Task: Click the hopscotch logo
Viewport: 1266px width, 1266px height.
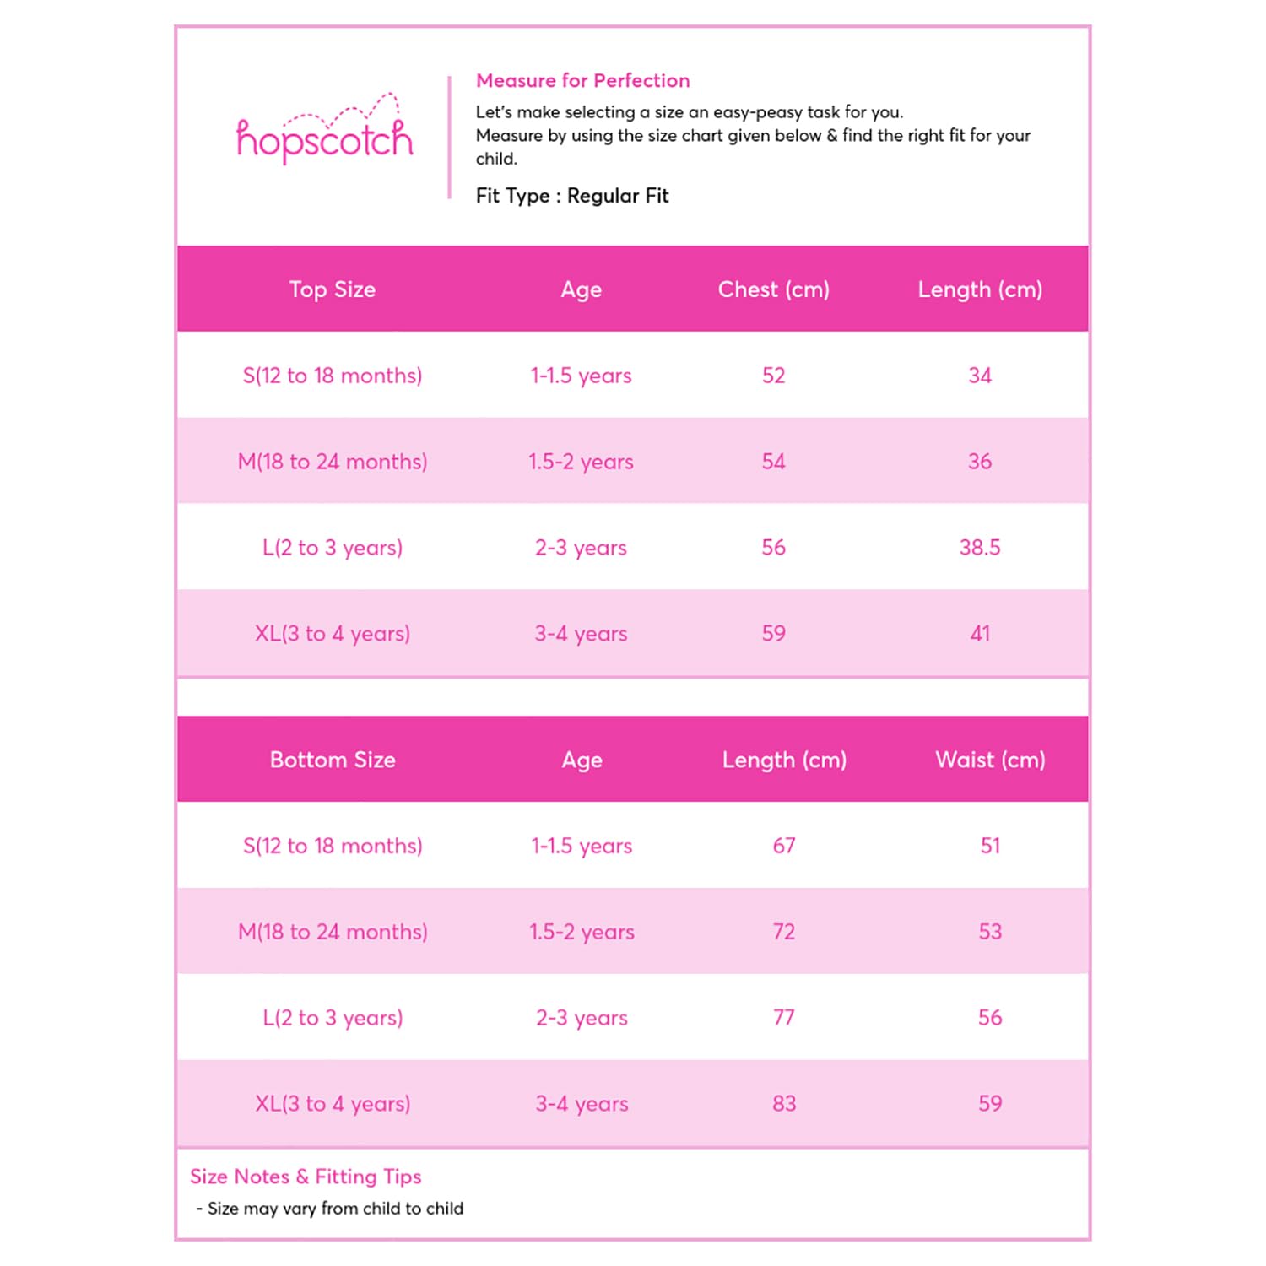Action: point(325,133)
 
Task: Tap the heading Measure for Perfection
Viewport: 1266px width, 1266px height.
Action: point(582,81)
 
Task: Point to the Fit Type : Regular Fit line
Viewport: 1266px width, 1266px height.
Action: point(572,196)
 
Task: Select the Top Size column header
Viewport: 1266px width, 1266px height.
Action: point(333,289)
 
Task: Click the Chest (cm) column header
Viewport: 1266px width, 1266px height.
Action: point(773,289)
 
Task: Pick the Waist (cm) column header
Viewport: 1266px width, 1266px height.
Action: point(990,760)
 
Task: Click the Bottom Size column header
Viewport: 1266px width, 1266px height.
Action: point(333,760)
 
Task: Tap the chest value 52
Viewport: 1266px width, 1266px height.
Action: point(773,376)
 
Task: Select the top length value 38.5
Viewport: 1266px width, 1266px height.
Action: point(980,548)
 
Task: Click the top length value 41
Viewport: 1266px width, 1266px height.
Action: point(980,634)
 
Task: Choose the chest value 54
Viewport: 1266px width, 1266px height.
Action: point(773,462)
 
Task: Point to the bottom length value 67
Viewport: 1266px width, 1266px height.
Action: point(784,846)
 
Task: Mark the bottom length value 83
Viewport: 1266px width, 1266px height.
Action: point(784,1104)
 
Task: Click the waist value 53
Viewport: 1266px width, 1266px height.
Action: point(990,932)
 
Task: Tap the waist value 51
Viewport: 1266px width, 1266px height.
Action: point(990,846)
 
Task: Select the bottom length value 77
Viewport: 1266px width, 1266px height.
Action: point(784,1018)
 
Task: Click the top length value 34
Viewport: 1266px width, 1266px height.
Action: point(980,376)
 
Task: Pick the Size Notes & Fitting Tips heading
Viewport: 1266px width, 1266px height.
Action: point(306,1177)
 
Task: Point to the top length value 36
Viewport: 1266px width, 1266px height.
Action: point(980,462)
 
